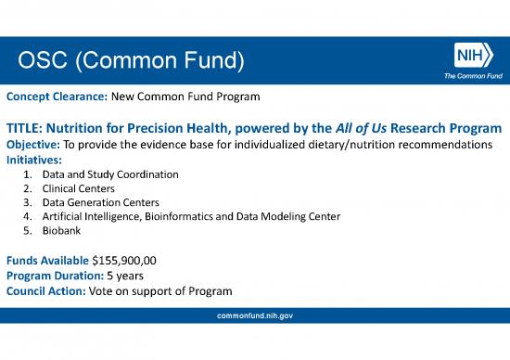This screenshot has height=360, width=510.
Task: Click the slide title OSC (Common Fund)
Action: click(131, 62)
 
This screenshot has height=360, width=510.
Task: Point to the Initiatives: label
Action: click(33, 160)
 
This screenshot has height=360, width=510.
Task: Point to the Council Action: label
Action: click(45, 289)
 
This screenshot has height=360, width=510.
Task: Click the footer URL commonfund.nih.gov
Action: click(254, 316)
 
